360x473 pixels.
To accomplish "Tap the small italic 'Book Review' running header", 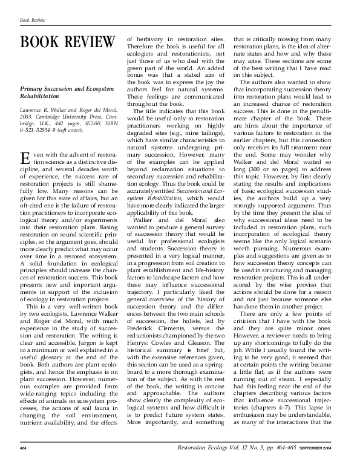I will point(33,20).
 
